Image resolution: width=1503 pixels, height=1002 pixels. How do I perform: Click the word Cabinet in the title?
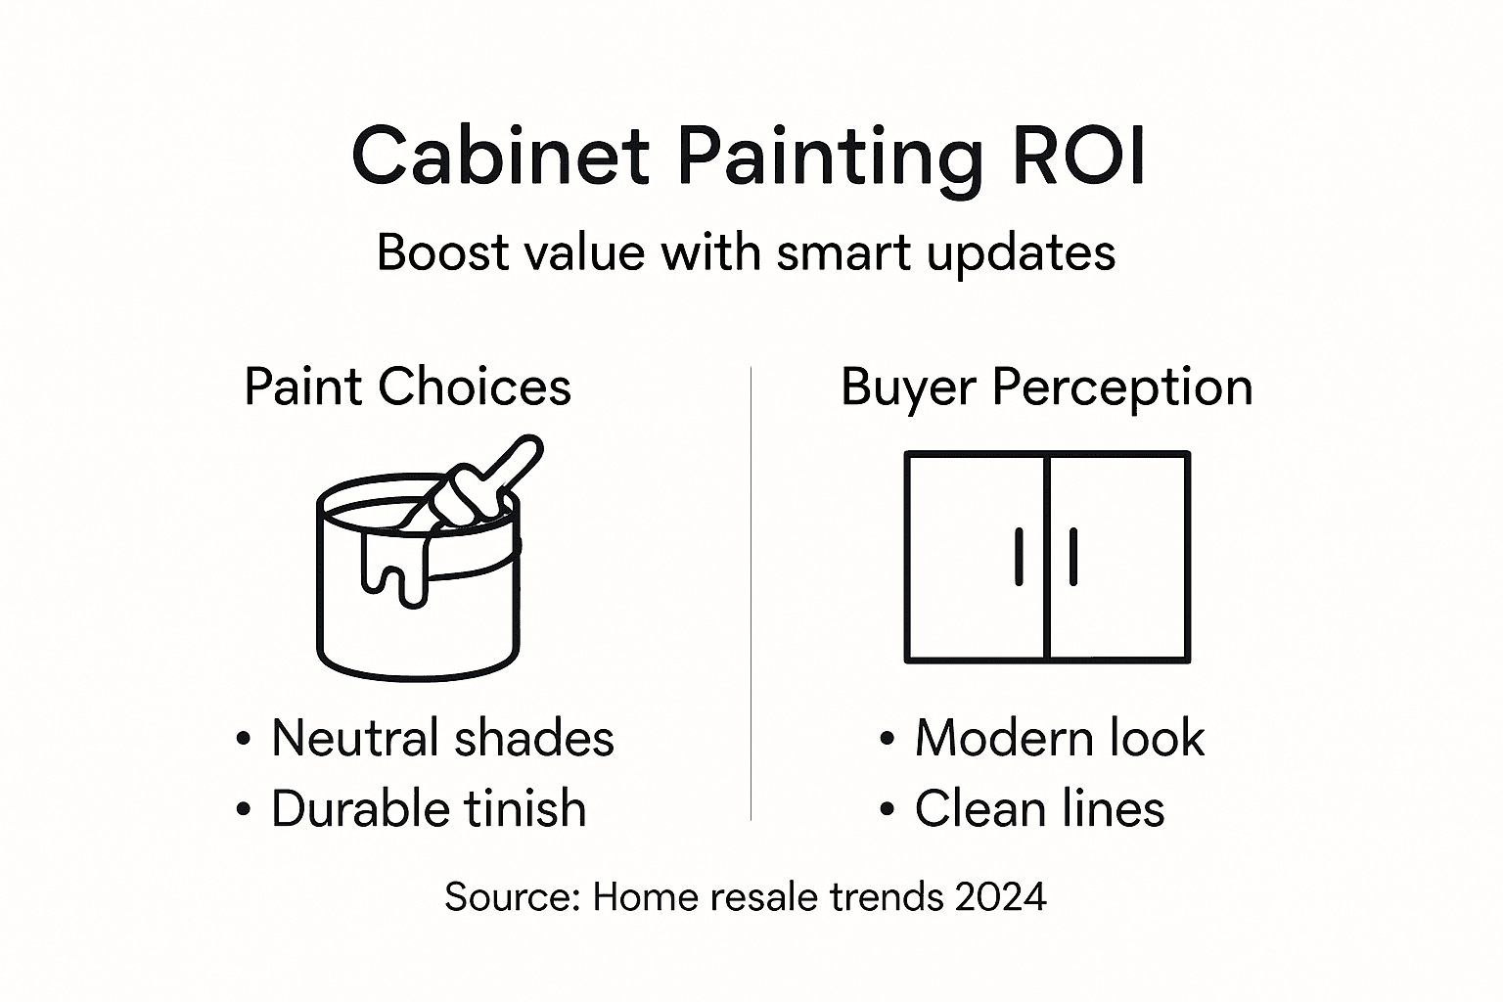coord(500,157)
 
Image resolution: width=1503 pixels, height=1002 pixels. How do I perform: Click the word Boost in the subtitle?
coord(445,252)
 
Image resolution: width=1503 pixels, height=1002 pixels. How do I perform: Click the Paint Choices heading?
coord(407,387)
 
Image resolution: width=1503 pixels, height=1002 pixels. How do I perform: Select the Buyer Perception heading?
coord(1046,387)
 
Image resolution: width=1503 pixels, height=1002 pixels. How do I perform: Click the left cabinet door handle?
coord(1019,557)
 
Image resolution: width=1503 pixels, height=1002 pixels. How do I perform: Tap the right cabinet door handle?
coord(1073,557)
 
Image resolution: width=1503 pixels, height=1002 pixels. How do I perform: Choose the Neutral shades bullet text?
coord(442,738)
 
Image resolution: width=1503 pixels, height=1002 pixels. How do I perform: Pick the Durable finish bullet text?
coord(429,809)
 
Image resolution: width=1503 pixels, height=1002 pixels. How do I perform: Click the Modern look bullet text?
coord(1059,738)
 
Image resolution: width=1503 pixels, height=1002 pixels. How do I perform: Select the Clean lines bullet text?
coord(1039,809)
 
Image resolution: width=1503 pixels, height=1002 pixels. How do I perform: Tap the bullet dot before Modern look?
coord(887,739)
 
